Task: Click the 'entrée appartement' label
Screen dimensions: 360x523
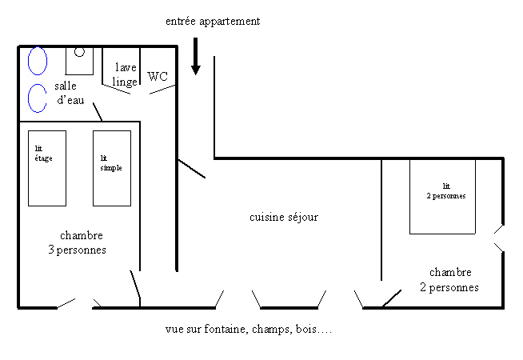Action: [x=212, y=22]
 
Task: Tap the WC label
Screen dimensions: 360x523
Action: [x=158, y=77]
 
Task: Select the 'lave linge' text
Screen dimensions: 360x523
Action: [x=126, y=74]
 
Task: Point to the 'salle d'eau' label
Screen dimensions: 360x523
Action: [x=73, y=93]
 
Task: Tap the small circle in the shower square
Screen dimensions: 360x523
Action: [x=79, y=52]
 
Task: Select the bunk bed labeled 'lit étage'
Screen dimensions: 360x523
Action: [x=48, y=168]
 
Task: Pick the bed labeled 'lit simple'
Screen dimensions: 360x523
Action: [x=111, y=168]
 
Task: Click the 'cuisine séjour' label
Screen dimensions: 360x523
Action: [x=284, y=217]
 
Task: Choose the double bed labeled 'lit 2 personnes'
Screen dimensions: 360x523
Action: [x=442, y=197]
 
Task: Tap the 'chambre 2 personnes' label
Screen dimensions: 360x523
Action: [x=450, y=280]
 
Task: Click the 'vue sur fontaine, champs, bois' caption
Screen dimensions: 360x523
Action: [x=247, y=329]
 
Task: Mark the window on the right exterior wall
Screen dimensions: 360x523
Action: [x=498, y=238]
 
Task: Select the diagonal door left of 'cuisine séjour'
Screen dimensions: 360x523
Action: [x=191, y=168]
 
